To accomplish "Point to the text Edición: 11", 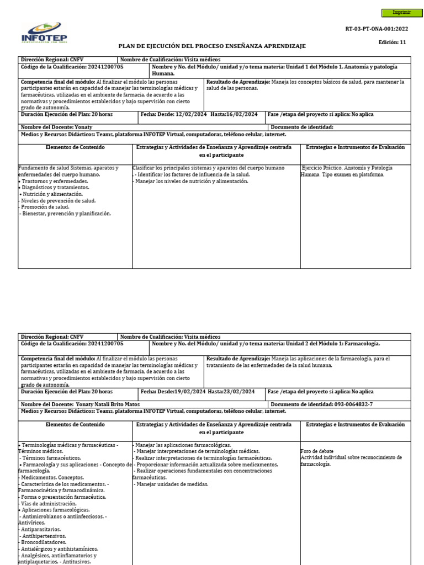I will point(392,42).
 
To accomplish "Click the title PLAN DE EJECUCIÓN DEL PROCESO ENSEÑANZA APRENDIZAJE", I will point(212,46).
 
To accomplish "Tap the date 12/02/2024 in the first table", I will point(193,114).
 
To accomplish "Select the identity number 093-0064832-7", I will point(353,404).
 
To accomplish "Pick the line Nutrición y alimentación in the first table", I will point(52,194).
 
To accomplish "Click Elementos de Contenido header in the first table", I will point(75,148).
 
